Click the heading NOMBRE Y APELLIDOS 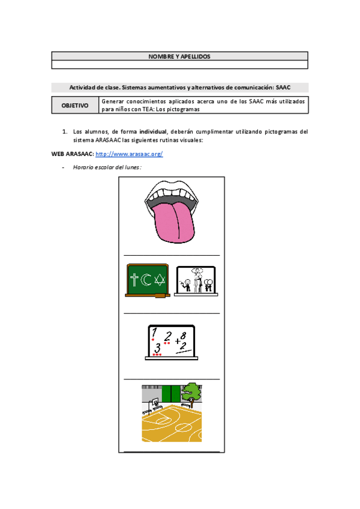(179, 56)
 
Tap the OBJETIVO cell (75, 105)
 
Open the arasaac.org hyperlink (129, 154)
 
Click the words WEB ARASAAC (72, 154)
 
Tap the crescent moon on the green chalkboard (146, 279)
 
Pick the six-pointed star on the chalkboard (158, 279)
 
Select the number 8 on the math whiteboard (182, 335)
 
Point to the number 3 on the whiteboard (157, 348)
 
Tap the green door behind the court (170, 394)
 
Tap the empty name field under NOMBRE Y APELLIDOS (179, 64)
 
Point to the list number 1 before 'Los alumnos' (64, 131)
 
